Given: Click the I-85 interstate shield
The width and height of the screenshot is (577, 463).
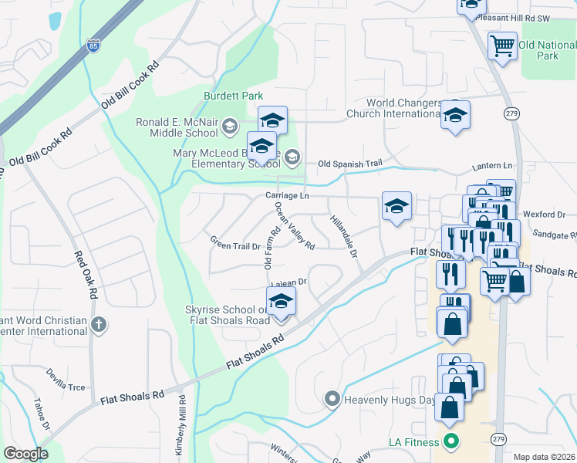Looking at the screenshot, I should click(93, 46).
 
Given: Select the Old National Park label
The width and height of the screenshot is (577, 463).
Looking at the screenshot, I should click(548, 51).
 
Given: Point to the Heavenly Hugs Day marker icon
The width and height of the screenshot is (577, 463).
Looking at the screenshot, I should click(332, 399).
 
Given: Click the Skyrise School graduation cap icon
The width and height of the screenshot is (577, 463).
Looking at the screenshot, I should click(281, 301).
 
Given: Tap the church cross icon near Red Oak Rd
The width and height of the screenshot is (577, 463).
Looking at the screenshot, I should click(98, 325).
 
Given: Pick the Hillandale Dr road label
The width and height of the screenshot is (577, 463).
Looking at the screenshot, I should click(344, 236).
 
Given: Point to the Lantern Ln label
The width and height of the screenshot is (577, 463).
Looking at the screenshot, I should click(492, 166).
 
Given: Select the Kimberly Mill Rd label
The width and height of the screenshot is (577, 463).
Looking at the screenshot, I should click(181, 429).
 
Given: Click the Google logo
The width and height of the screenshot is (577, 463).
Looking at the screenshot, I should click(25, 453).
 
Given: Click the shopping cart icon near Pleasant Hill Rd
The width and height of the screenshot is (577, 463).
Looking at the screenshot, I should click(502, 46).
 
